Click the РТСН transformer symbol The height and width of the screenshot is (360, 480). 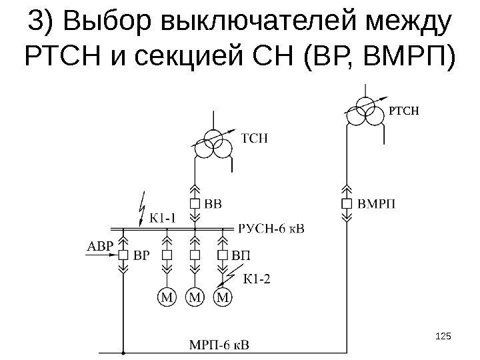coord(365,110)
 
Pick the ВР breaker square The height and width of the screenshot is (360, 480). coord(123,255)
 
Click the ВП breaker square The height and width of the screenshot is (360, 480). coord(223,255)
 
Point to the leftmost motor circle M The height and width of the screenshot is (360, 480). coord(167,296)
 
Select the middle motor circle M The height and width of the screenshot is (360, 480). coord(195,296)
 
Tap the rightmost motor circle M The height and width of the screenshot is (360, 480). coord(223,296)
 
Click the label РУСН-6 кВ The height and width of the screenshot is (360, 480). coord(270,229)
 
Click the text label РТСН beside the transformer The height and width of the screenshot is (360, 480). coord(405,110)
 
